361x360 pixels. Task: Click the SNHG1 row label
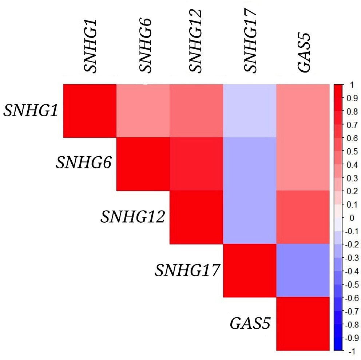31,110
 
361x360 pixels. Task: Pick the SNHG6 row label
84,162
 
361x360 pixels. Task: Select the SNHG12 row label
133,217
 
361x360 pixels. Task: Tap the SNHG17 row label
187,270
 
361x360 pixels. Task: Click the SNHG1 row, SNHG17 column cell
250,111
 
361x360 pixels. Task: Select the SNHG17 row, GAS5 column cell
303,270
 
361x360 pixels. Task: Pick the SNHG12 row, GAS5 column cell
303,217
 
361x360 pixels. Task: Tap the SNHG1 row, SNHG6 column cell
143,111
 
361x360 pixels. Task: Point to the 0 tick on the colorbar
352,218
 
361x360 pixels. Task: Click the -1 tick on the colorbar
352,351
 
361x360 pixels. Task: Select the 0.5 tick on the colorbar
352,151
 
